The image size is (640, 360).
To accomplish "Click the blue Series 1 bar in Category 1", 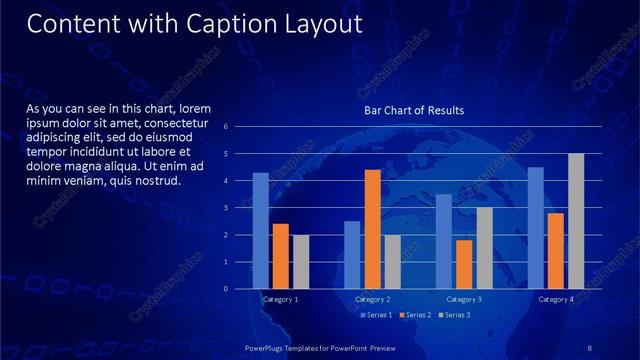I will [260, 231].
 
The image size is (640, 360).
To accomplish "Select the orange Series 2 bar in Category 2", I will [372, 229].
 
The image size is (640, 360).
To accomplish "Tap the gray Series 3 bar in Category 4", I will [576, 221].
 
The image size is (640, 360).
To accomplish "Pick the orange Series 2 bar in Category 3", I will [464, 264].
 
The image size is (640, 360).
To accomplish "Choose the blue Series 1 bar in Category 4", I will [536, 228].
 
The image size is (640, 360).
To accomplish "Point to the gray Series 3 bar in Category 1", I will [300, 262].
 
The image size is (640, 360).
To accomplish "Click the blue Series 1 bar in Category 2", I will [352, 255].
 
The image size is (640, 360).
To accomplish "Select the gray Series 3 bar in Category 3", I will [484, 248].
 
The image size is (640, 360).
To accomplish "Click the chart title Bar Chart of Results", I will [414, 110].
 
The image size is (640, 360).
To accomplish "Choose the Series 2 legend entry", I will [416, 315].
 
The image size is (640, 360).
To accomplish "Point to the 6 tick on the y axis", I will [240, 127].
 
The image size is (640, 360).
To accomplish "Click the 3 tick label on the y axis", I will [240, 208].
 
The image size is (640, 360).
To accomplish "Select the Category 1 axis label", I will [280, 299].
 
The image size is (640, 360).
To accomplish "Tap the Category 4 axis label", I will [556, 299].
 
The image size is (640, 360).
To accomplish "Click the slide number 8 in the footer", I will [589, 345].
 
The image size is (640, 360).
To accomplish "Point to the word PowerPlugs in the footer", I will [268, 345].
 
